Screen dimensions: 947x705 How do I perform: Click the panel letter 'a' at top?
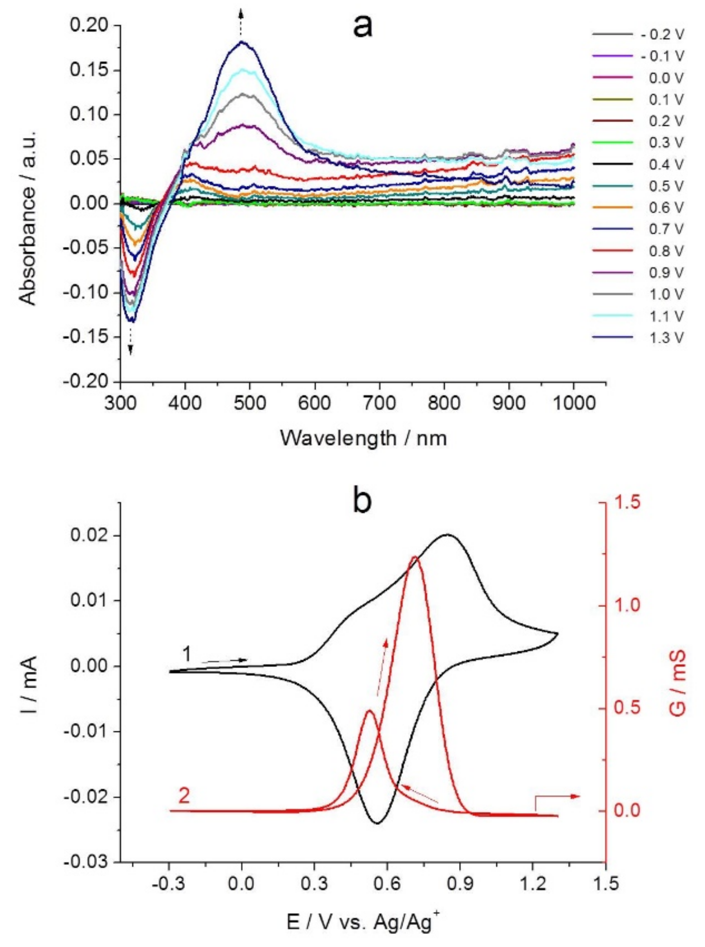(x=363, y=27)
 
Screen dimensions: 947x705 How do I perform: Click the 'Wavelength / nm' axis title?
(x=364, y=438)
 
